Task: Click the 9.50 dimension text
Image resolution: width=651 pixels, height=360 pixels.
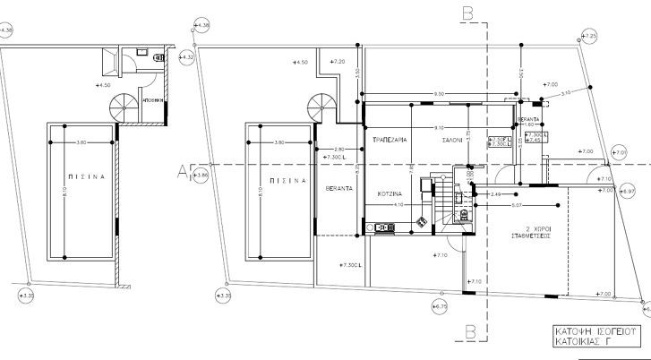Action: (440, 94)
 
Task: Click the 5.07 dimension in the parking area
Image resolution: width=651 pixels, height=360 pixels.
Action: (518, 204)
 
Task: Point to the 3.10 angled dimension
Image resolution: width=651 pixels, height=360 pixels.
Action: (566, 93)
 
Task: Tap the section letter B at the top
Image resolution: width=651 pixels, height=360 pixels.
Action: (467, 13)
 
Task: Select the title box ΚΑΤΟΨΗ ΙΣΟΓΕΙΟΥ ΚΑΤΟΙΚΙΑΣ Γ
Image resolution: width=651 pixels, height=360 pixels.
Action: (591, 336)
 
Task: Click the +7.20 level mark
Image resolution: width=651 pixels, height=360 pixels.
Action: (338, 61)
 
